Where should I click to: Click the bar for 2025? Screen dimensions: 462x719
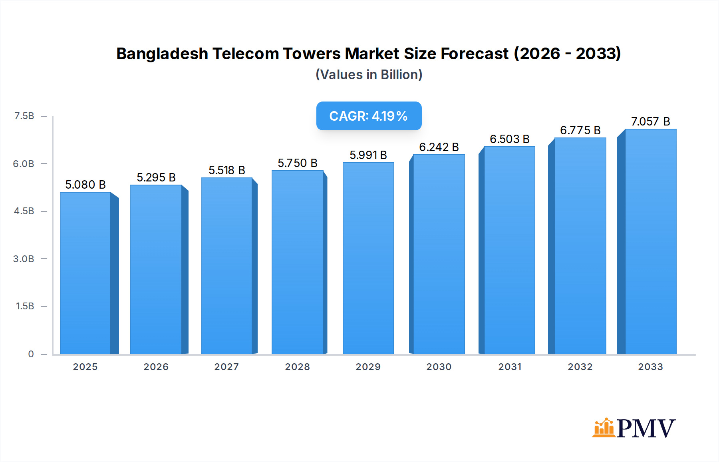click(x=85, y=273)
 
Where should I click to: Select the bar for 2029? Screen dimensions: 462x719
click(x=368, y=259)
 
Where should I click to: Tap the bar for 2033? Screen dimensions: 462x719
click(x=651, y=242)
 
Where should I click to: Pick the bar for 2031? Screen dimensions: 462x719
click(x=509, y=251)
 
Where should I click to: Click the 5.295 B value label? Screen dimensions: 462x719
click(x=156, y=177)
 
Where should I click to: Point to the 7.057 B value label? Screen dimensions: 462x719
click(x=650, y=121)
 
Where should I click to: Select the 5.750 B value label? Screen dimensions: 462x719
click(x=298, y=163)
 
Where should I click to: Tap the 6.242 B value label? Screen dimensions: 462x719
click(x=439, y=147)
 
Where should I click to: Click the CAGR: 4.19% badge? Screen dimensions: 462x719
click(x=369, y=116)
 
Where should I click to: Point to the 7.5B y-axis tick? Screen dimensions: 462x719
click(x=24, y=116)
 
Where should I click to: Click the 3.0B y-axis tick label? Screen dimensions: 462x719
click(x=24, y=259)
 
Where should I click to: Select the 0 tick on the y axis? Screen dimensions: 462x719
click(x=31, y=354)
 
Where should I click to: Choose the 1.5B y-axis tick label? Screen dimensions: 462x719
click(x=25, y=306)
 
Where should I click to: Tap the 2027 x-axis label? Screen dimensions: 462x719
click(x=226, y=366)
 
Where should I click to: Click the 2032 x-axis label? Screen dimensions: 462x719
click(x=580, y=366)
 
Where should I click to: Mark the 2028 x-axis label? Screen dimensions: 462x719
click(x=297, y=366)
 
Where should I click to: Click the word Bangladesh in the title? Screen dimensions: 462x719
click(x=162, y=54)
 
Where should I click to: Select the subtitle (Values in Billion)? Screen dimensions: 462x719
click(x=369, y=75)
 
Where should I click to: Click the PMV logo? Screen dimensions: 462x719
click(x=634, y=428)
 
